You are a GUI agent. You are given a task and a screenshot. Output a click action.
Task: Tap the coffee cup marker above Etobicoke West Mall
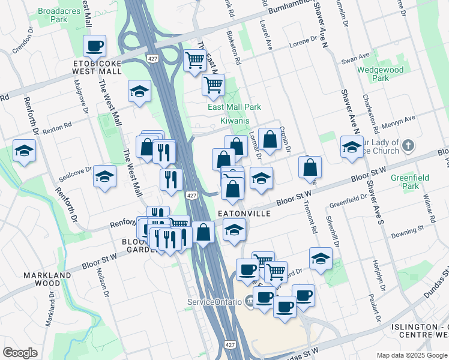tap(95, 46)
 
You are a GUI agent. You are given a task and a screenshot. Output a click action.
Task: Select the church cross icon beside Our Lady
tap(408, 146)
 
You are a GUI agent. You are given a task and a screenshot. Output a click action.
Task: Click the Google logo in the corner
tap(20, 353)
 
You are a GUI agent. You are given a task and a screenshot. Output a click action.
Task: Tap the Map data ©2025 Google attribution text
tap(411, 355)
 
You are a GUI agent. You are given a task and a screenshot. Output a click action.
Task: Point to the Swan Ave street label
tap(355, 59)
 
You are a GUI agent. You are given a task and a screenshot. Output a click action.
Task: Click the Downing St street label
tap(408, 230)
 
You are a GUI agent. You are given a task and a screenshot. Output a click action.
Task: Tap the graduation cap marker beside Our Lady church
tap(352, 146)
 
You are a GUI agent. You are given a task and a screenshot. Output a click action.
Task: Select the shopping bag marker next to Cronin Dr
tap(270, 139)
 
